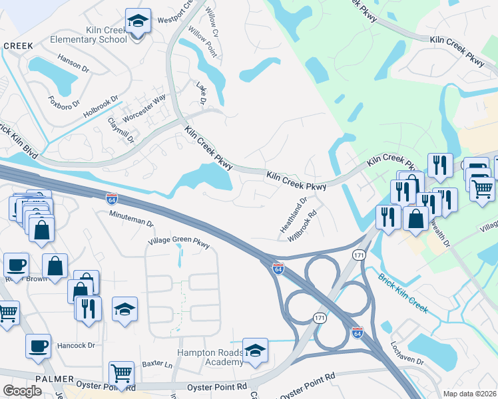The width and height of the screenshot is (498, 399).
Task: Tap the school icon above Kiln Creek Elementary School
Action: coord(138,21)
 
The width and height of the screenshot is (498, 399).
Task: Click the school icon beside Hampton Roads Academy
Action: coord(255,350)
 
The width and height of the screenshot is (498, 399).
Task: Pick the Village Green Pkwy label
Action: coord(179,243)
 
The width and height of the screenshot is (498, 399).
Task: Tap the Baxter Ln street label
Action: coord(157,365)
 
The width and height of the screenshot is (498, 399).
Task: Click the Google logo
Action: coord(22,391)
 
